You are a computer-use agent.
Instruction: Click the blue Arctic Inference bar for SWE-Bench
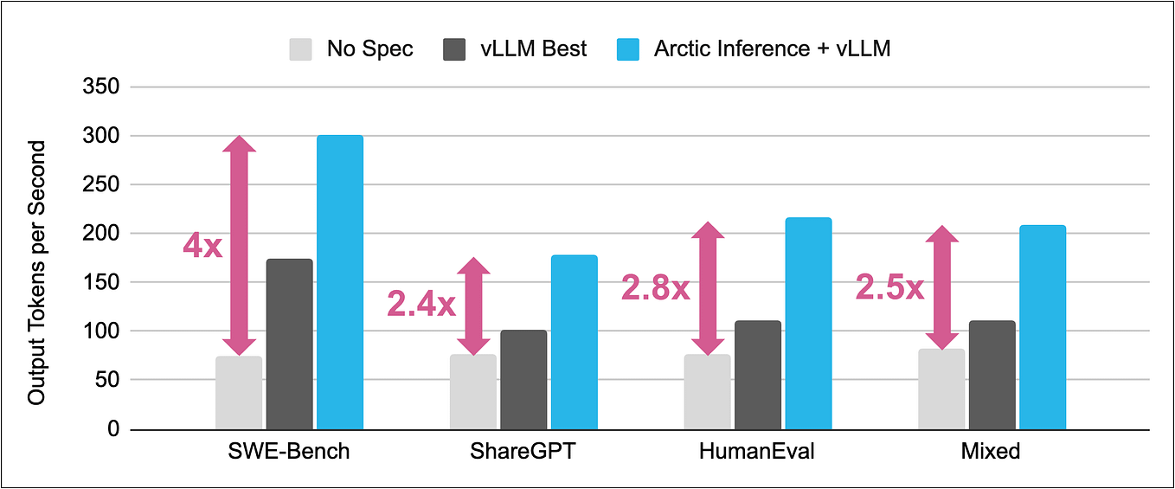pyautogui.click(x=339, y=282)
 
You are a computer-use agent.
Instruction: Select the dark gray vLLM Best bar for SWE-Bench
pyautogui.click(x=289, y=344)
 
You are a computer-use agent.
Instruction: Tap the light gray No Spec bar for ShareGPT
pyautogui.click(x=473, y=391)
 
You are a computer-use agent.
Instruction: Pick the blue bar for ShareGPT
pyautogui.click(x=574, y=342)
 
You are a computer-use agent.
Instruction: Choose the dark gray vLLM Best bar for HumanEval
pyautogui.click(x=758, y=375)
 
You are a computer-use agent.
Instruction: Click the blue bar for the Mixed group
pyautogui.click(x=1042, y=327)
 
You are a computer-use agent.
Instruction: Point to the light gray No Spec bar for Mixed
pyautogui.click(x=941, y=389)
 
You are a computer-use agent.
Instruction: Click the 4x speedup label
pyautogui.click(x=202, y=246)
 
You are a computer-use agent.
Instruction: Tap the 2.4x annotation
pyautogui.click(x=421, y=304)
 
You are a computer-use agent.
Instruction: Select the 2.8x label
pyautogui.click(x=656, y=288)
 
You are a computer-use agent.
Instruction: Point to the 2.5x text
pyautogui.click(x=889, y=287)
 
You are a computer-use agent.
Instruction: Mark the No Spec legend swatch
pyautogui.click(x=301, y=49)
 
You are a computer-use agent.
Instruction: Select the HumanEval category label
pyautogui.click(x=757, y=451)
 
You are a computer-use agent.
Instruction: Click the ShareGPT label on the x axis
pyautogui.click(x=523, y=451)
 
